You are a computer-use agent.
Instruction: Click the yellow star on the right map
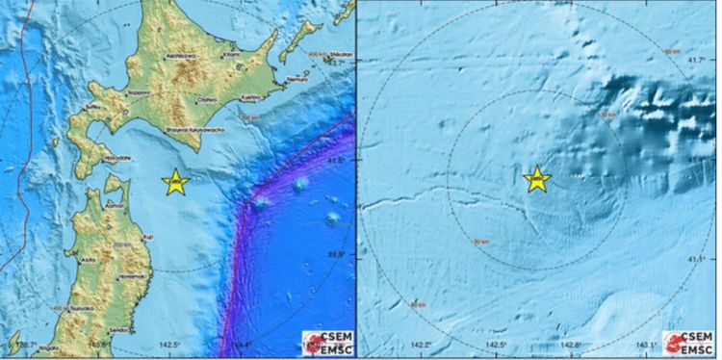(x=537, y=179)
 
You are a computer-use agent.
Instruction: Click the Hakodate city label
(x=119, y=157)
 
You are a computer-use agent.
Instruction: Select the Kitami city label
(x=230, y=55)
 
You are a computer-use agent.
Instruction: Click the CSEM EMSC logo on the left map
(x=327, y=342)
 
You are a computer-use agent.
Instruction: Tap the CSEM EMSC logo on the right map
(x=692, y=342)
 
